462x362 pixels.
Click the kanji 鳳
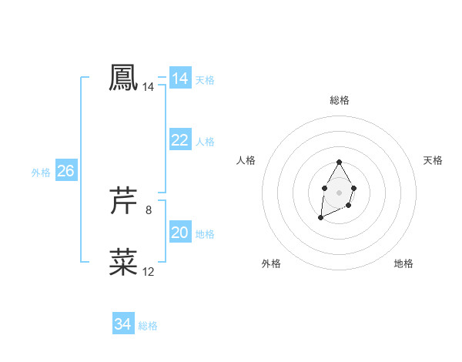[123, 77]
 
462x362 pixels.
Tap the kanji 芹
[123, 200]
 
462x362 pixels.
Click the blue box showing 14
[180, 79]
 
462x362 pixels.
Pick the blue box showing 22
[180, 140]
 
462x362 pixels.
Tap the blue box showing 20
[180, 233]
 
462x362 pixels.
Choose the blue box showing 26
[65, 171]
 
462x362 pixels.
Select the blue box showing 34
[122, 324]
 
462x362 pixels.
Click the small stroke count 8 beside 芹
[149, 209]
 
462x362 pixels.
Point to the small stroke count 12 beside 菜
[149, 271]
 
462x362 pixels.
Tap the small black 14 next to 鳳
[149, 87]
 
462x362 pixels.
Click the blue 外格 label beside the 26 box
[41, 173]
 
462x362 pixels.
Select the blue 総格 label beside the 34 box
[148, 326]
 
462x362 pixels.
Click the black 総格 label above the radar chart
[339, 100]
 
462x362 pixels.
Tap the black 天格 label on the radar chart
[433, 160]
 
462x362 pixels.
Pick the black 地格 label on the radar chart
[403, 264]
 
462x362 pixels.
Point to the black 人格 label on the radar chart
[246, 160]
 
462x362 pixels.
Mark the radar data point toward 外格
[320, 219]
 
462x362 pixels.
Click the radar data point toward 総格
[339, 163]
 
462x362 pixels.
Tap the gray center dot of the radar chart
[339, 191]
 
